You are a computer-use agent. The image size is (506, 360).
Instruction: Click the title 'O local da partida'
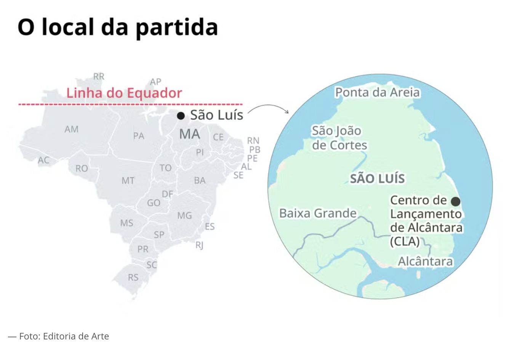pyautogui.click(x=118, y=27)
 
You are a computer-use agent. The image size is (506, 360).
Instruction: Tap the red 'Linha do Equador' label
pyautogui.click(x=124, y=93)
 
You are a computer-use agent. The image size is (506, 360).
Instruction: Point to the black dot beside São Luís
pyautogui.click(x=181, y=116)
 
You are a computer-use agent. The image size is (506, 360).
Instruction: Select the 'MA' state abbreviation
pyautogui.click(x=189, y=134)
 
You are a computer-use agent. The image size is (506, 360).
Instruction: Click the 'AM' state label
pyautogui.click(x=71, y=129)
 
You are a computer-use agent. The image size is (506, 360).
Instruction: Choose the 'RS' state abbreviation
pyautogui.click(x=133, y=277)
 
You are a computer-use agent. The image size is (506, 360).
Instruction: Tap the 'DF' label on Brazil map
pyautogui.click(x=168, y=194)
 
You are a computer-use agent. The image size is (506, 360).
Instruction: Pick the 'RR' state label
pyautogui.click(x=99, y=77)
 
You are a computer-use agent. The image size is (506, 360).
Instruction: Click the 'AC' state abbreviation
pyautogui.click(x=44, y=161)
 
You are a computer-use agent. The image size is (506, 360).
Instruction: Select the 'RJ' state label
pyautogui.click(x=199, y=245)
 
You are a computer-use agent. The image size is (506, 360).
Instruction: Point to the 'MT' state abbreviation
pyautogui.click(x=128, y=180)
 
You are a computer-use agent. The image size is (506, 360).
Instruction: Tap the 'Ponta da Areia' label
pyautogui.click(x=377, y=92)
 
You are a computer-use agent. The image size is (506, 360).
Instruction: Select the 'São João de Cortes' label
pyautogui.click(x=339, y=138)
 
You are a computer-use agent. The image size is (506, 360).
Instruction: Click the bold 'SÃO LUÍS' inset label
pyautogui.click(x=377, y=178)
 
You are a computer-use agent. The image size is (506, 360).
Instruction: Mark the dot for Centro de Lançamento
pyautogui.click(x=455, y=201)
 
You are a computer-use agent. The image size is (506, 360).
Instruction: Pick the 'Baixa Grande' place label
pyautogui.click(x=318, y=213)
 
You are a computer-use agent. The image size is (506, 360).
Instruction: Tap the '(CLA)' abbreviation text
pyautogui.click(x=405, y=241)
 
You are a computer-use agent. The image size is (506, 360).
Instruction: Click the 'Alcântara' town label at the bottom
pyautogui.click(x=425, y=262)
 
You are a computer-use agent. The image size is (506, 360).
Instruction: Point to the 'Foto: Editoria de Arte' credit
pyautogui.click(x=64, y=336)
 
